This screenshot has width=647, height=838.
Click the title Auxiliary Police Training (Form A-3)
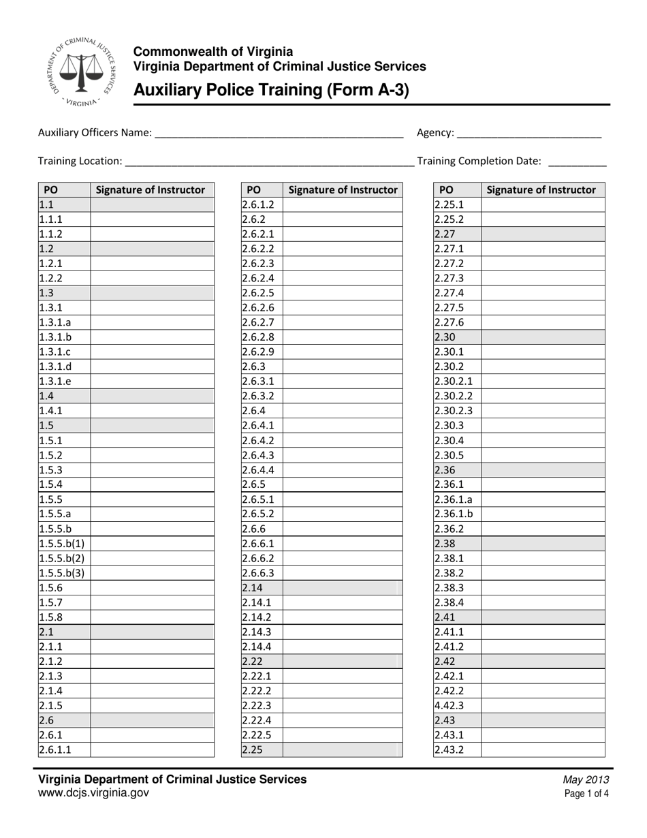(271, 90)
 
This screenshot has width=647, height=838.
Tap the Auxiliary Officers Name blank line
(279, 134)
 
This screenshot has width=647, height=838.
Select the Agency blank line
(529, 134)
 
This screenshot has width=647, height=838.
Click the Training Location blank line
(270, 162)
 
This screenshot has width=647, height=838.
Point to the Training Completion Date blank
(577, 162)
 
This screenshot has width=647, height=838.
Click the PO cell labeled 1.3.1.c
(64, 352)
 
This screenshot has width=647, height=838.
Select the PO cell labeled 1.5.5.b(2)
(64, 558)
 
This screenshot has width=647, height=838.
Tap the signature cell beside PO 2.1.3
(152, 676)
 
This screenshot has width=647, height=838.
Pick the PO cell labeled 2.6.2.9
(261, 352)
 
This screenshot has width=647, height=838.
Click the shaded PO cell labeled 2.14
(261, 587)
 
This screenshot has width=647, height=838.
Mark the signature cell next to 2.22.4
(342, 720)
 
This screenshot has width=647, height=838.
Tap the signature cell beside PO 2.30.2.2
(542, 396)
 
